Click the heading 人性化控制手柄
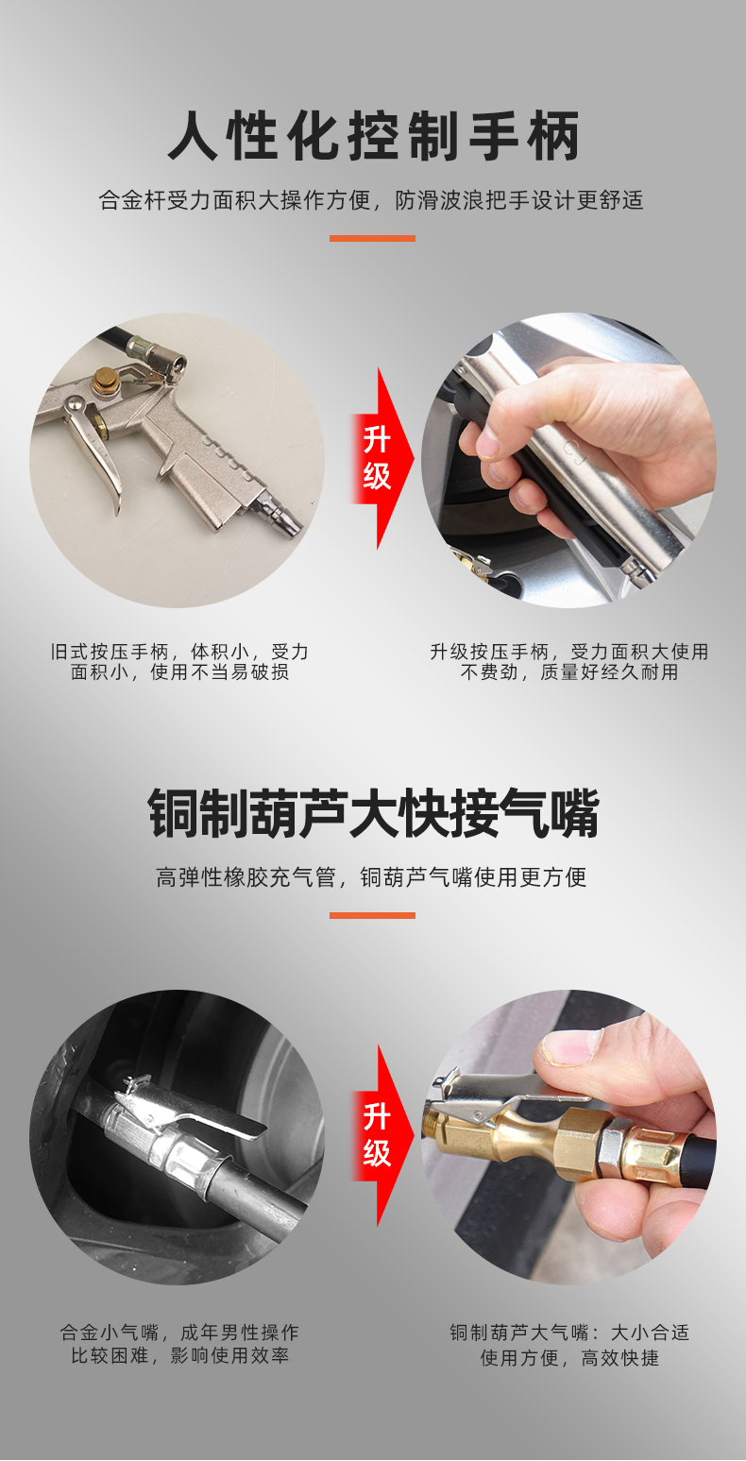pyautogui.click(x=373, y=136)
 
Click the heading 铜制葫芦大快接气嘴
pyautogui.click(x=373, y=813)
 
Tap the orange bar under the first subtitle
pyautogui.click(x=372, y=238)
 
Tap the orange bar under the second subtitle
pyautogui.click(x=372, y=916)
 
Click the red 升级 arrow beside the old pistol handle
pyautogui.click(x=382, y=458)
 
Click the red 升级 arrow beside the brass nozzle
pyautogui.click(x=382, y=1135)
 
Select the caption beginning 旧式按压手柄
pyautogui.click(x=179, y=661)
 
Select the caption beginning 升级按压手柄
pyautogui.click(x=568, y=661)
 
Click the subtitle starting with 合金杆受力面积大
pyautogui.click(x=371, y=200)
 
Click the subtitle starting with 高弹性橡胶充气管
pyautogui.click(x=371, y=877)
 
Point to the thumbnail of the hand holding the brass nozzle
pyautogui.click(x=568, y=1137)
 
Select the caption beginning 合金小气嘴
pyautogui.click(x=179, y=1346)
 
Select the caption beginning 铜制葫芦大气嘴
pyautogui.click(x=568, y=1346)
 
